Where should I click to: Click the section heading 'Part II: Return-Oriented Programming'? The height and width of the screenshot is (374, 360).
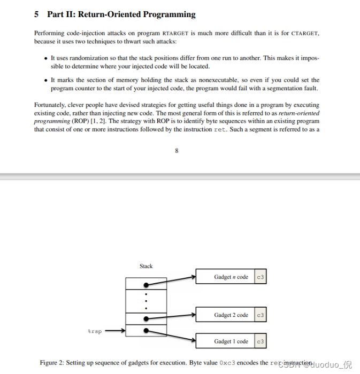tap(121, 14)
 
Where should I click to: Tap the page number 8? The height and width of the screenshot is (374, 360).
tap(177, 151)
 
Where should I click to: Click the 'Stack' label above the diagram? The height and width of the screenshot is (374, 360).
tap(146, 266)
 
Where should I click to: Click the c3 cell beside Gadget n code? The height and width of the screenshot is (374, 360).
tap(261, 277)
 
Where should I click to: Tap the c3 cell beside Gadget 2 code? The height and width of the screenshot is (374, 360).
tap(261, 315)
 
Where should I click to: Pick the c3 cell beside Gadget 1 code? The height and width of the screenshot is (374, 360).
tap(261, 341)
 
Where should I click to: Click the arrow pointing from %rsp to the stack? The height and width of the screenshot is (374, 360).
tap(115, 331)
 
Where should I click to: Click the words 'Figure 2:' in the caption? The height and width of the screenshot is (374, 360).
tap(52, 363)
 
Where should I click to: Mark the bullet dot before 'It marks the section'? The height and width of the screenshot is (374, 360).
tap(45, 80)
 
